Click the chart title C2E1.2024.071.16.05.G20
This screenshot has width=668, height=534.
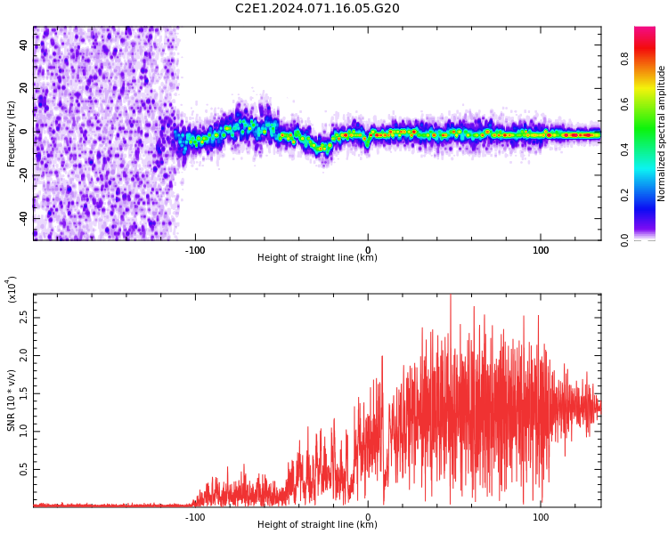pos(317,9)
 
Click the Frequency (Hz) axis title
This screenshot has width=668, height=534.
pos(12,133)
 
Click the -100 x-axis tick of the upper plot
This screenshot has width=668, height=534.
pos(195,249)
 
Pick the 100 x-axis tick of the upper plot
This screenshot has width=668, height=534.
pos(541,249)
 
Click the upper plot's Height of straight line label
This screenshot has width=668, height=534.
pos(317,258)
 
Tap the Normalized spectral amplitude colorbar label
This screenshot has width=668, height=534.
pos(662,133)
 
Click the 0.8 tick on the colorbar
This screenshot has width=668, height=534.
pos(625,60)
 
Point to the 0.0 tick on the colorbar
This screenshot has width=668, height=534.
pos(625,239)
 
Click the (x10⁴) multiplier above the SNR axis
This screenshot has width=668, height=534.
pos(12,289)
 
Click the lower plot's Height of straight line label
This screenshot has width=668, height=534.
pos(317,525)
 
